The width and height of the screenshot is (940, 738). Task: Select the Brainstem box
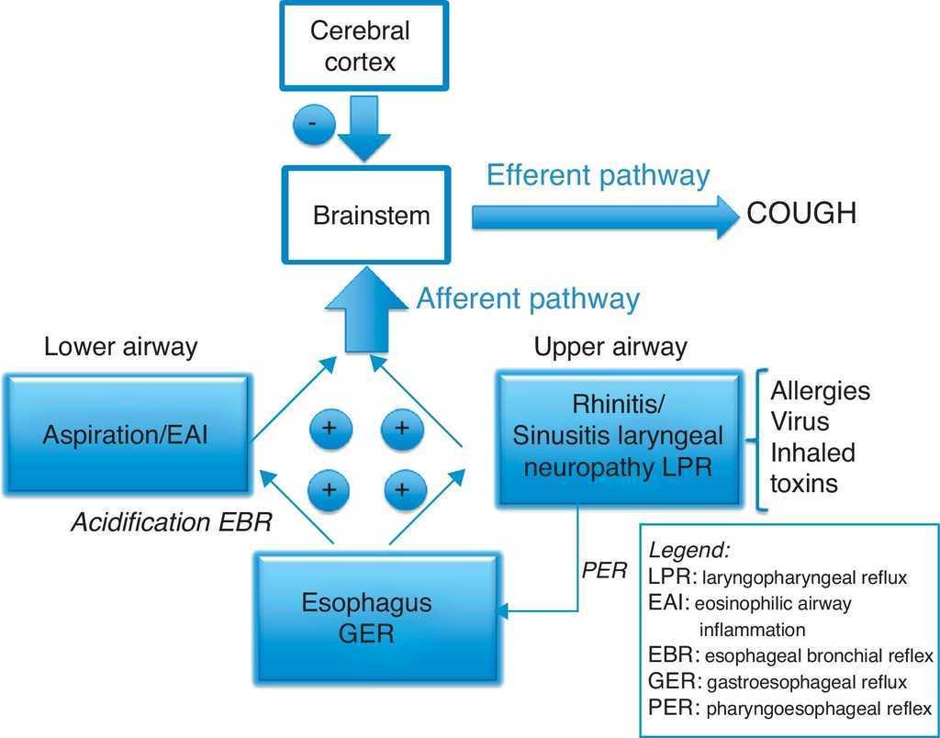click(371, 217)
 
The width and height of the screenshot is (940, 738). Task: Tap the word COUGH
click(801, 214)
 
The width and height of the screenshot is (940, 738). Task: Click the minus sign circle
click(313, 126)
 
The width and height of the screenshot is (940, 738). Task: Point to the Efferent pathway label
click(599, 175)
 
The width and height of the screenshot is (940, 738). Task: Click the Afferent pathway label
click(528, 298)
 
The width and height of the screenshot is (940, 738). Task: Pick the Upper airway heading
click(610, 347)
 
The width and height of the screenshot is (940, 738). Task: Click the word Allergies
click(820, 390)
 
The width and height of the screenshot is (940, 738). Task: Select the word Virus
click(800, 421)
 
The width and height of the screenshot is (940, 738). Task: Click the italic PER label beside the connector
click(604, 571)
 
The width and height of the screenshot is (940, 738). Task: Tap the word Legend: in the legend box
click(689, 551)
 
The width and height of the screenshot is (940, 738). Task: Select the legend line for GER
click(777, 683)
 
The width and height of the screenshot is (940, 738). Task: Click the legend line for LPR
click(777, 577)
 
